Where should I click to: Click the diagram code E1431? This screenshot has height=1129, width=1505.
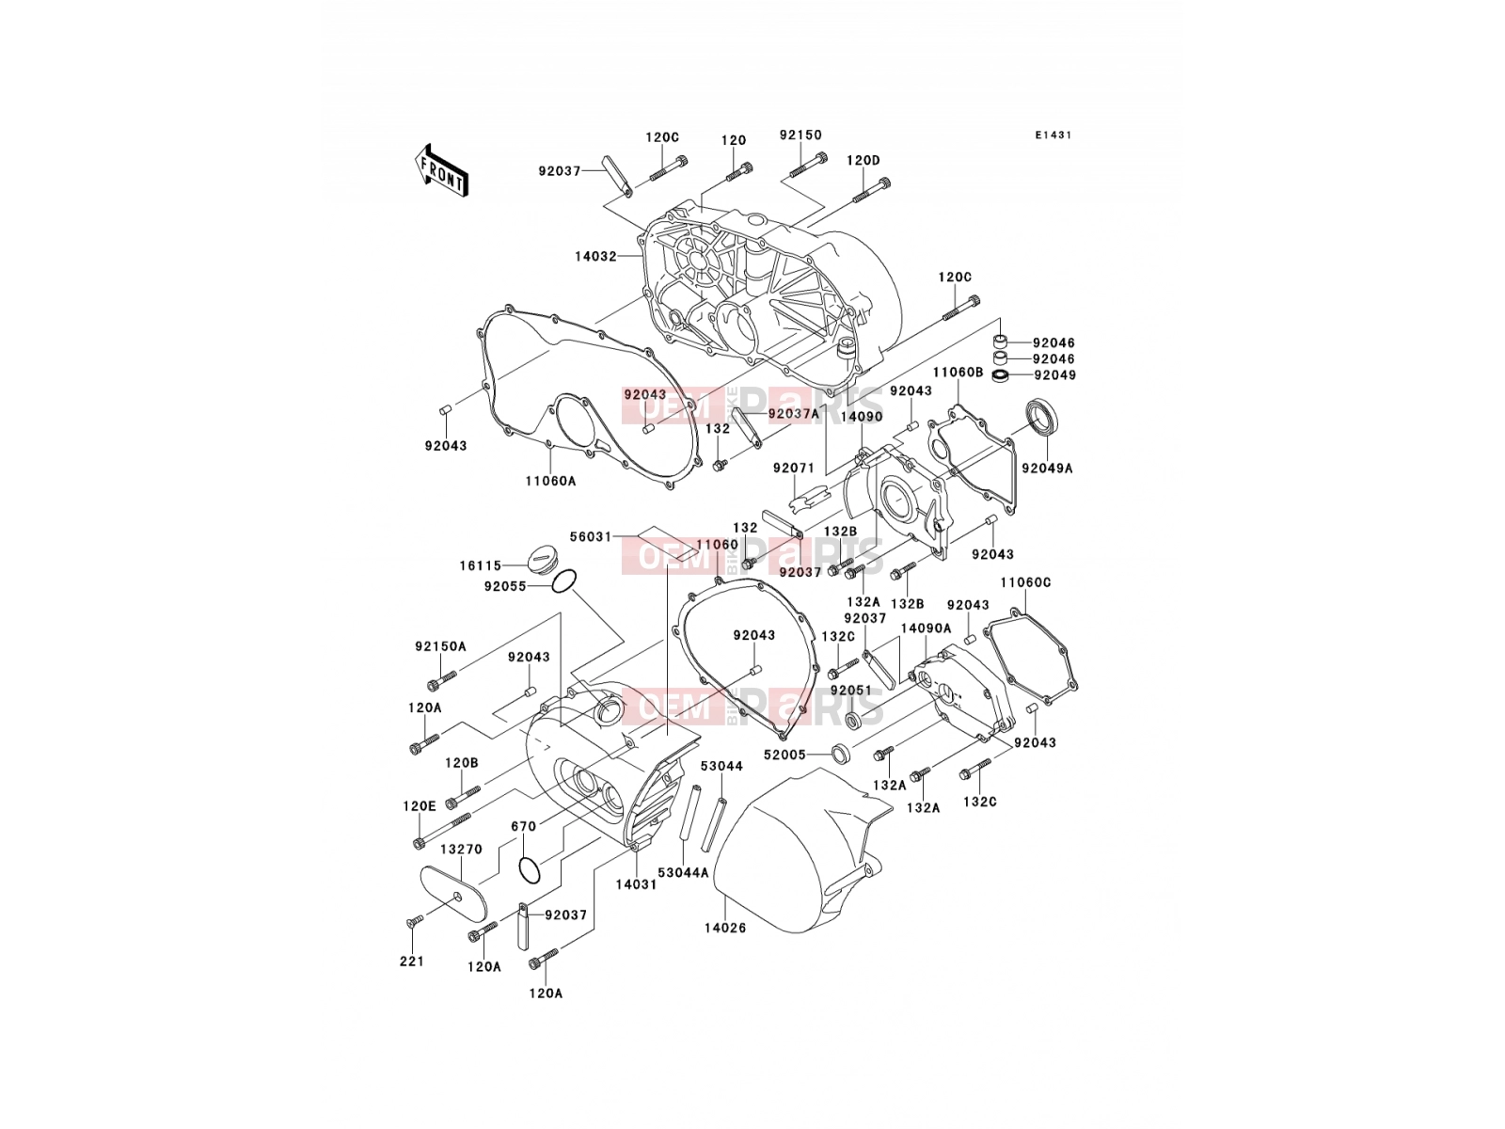(x=1053, y=135)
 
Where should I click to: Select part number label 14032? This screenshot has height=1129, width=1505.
(x=595, y=256)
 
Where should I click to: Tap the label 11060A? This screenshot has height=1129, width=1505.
(x=550, y=481)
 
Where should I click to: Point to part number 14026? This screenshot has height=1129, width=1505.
(x=724, y=929)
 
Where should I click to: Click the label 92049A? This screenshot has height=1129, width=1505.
(x=1047, y=469)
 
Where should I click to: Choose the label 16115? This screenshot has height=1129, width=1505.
(x=481, y=565)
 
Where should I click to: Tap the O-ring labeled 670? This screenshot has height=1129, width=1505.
(x=530, y=870)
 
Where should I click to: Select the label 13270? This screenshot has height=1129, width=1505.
(x=461, y=849)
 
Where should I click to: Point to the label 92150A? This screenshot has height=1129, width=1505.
(x=440, y=645)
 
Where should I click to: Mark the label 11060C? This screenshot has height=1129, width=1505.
(x=1025, y=582)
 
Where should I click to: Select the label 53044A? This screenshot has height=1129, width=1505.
(x=683, y=873)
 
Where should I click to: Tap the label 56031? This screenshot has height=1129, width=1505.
(x=591, y=536)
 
